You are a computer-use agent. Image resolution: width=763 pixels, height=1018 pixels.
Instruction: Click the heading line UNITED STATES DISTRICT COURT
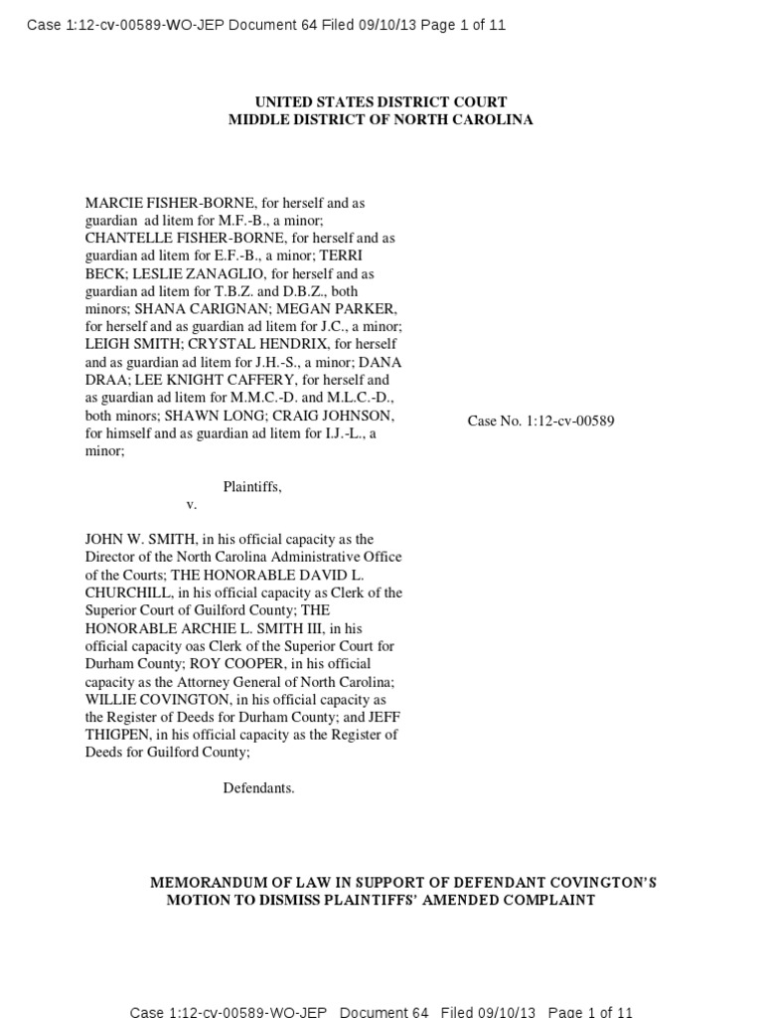pyautogui.click(x=381, y=102)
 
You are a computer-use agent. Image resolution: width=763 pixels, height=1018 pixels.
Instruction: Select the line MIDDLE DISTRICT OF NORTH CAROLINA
pyautogui.click(x=381, y=120)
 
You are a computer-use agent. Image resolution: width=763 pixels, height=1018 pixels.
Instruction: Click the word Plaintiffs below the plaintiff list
pyautogui.click(x=251, y=487)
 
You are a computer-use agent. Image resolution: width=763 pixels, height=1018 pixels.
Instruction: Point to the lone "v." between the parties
pyautogui.click(x=192, y=505)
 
